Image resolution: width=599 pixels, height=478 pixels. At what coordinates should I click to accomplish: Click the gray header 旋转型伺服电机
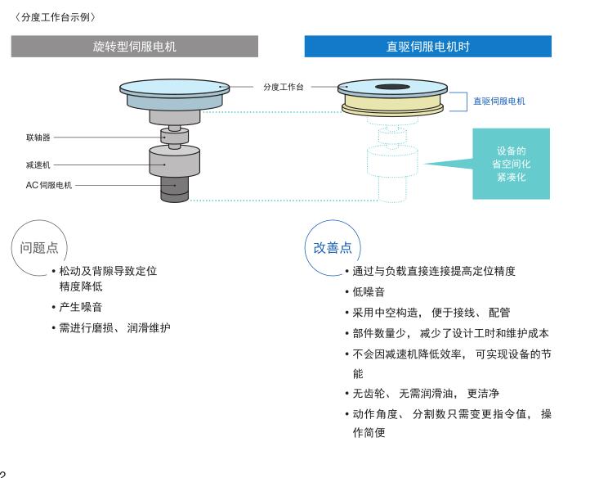[x=134, y=47]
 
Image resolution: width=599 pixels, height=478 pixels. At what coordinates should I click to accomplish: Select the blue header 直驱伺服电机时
[x=427, y=47]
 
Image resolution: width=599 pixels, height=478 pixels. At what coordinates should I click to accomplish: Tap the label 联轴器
[x=38, y=138]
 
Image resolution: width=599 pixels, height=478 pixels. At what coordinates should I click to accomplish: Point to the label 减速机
[x=38, y=165]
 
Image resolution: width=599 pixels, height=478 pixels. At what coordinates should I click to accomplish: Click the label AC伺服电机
[x=48, y=185]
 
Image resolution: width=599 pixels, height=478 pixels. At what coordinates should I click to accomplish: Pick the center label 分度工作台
[x=283, y=87]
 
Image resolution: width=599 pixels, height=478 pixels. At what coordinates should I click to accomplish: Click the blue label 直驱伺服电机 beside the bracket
[x=498, y=101]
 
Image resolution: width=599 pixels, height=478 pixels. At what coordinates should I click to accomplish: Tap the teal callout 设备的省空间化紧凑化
[x=511, y=164]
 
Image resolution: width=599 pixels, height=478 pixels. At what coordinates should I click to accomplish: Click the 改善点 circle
[x=332, y=247]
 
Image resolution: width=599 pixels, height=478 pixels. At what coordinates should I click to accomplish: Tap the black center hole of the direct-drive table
[x=391, y=86]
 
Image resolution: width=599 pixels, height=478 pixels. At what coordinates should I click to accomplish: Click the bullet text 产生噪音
[x=81, y=308]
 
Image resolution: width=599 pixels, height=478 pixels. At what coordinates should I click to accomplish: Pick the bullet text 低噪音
[x=369, y=291]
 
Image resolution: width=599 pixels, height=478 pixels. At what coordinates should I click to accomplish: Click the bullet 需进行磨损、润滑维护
[x=114, y=328]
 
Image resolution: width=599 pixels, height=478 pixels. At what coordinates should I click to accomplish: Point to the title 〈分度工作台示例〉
[x=55, y=16]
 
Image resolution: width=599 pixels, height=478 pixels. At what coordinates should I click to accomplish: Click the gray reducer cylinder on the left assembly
[x=173, y=160]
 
